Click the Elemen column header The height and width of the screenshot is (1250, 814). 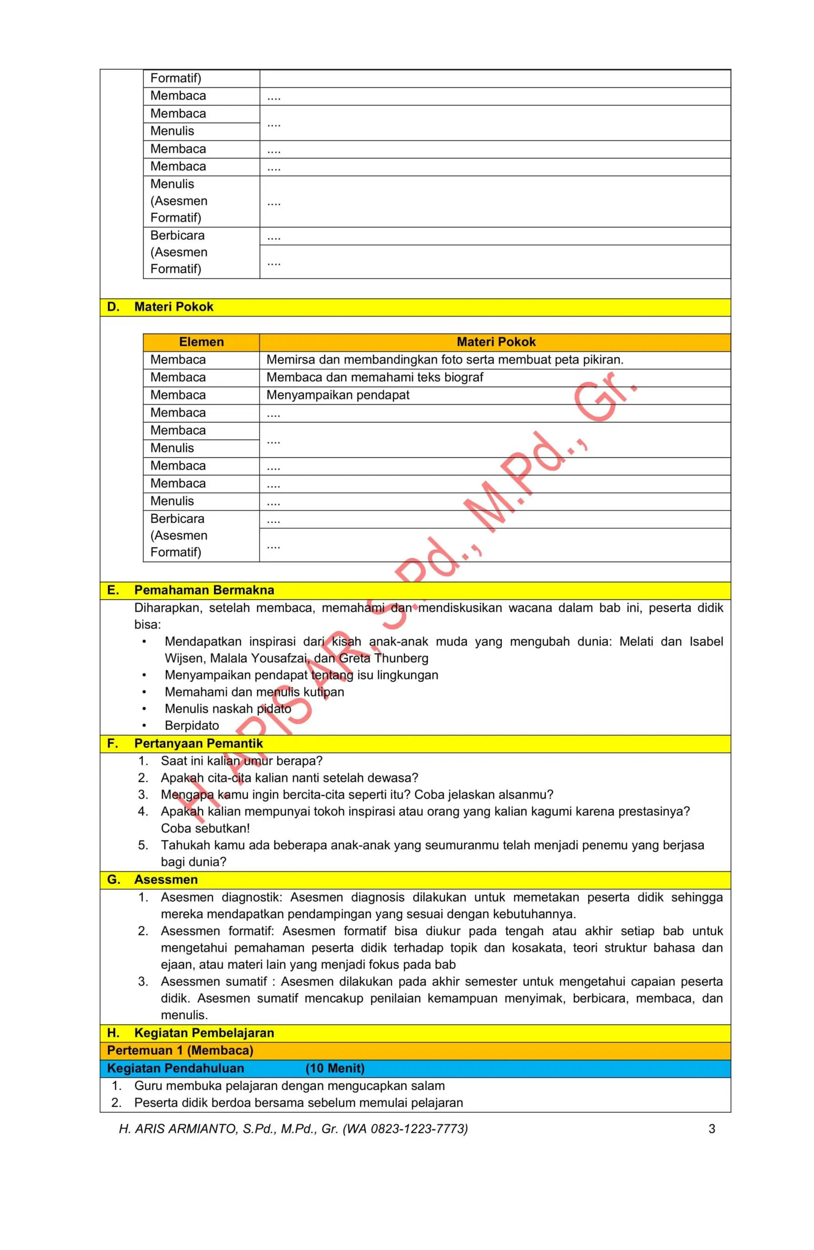201,342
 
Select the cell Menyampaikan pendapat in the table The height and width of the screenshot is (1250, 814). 337,395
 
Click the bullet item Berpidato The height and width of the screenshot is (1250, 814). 192,725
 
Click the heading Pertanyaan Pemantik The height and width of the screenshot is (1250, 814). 198,743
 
